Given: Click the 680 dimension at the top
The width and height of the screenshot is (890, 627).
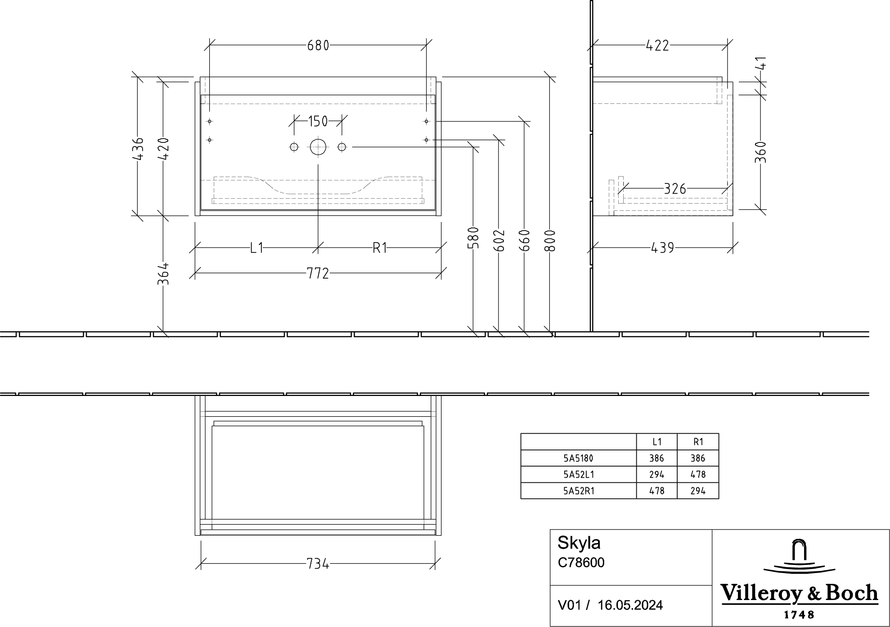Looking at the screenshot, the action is coord(318,45).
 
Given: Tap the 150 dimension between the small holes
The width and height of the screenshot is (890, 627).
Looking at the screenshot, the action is coord(318,121).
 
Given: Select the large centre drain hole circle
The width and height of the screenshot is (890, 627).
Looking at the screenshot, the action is coord(318,147).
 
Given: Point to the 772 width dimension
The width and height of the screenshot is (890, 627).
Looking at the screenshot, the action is coord(318,273).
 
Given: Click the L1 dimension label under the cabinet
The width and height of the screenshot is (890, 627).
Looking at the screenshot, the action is coord(256,248).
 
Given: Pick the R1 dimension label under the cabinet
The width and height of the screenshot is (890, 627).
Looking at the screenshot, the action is coord(380,248).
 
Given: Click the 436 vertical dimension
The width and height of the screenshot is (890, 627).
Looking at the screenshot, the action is coord(139,149).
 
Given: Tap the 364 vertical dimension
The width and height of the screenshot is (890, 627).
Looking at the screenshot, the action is coord(163,273).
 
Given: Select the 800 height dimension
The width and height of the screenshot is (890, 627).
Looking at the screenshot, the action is coord(550,240).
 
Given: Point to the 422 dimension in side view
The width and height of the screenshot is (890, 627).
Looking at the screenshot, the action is coord(657,45).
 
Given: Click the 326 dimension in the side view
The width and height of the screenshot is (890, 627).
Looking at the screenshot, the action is coord(675,189).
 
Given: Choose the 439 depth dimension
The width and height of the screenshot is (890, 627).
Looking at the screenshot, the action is coord(662,248).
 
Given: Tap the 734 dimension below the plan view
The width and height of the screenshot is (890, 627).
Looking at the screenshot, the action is coord(318,564).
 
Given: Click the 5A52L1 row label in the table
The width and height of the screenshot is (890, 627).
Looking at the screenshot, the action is coord(579,475).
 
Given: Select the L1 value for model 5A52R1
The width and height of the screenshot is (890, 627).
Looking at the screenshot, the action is coord(657,491).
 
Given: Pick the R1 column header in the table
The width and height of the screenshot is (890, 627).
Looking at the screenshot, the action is coord(698,442).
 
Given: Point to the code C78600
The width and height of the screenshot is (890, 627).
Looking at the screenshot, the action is coord(581,563).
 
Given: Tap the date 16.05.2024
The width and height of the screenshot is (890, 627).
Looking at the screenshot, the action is coord(630,605).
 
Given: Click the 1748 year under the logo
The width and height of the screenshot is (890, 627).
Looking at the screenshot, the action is coord(799,614).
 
